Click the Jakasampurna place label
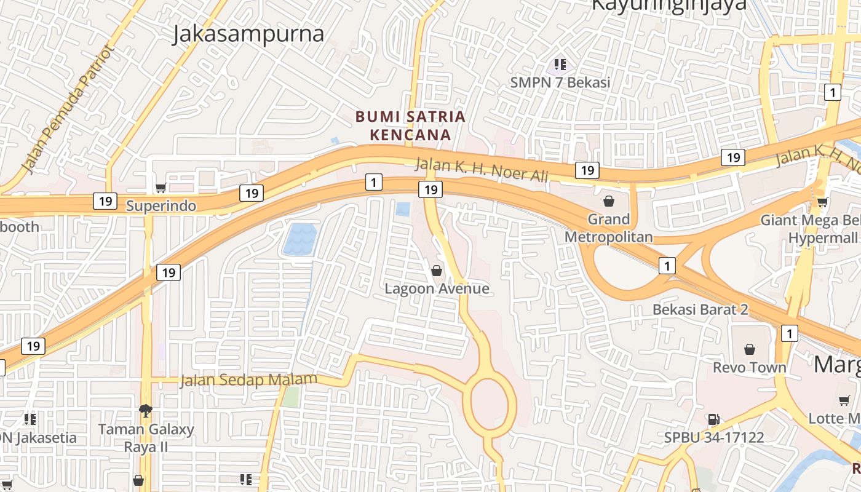click(x=248, y=34)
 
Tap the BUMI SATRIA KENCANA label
click(x=410, y=125)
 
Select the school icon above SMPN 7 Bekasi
click(x=560, y=64)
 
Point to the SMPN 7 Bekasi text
click(x=560, y=82)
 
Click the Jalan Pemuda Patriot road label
click(x=67, y=109)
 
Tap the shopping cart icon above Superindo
click(x=161, y=188)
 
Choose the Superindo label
click(x=161, y=206)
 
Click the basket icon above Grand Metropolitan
click(x=608, y=200)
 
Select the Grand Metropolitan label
click(x=608, y=228)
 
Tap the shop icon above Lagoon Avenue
click(x=437, y=270)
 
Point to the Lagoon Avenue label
click(x=437, y=288)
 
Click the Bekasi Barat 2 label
click(x=700, y=309)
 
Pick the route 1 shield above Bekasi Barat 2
click(x=667, y=266)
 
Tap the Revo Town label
click(x=749, y=367)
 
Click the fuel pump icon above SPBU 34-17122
click(x=713, y=419)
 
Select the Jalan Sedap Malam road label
click(x=248, y=380)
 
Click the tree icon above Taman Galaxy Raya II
click(x=146, y=410)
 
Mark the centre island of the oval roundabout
click(x=491, y=403)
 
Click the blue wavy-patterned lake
click(x=300, y=239)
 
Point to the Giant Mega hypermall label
click(x=809, y=228)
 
